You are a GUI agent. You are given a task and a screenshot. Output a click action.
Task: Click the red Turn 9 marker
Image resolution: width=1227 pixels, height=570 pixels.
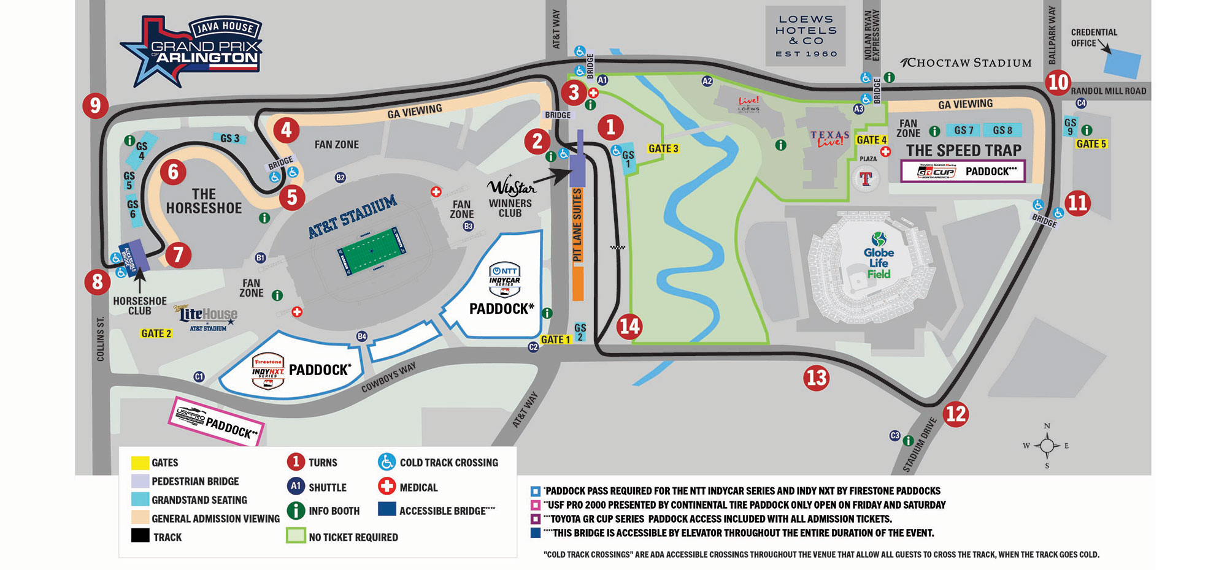[95, 105]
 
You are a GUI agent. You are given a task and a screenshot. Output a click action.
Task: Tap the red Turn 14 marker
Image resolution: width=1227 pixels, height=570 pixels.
[629, 326]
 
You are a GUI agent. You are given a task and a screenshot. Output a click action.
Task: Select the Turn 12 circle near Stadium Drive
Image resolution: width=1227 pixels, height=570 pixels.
[955, 414]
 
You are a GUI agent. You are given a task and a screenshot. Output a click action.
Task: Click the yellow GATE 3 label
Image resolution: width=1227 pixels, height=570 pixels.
[663, 148]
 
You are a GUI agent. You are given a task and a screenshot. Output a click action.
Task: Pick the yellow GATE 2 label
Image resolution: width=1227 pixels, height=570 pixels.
[156, 333]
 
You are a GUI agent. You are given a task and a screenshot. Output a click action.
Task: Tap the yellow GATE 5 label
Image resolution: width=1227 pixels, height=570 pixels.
[1091, 144]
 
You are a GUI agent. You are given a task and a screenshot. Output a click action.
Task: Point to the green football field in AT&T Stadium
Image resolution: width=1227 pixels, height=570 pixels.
[371, 251]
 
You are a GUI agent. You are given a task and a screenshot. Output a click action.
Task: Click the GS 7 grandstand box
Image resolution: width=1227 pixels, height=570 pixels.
[963, 130]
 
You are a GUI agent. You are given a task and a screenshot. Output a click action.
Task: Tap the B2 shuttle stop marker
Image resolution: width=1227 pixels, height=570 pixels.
[340, 178]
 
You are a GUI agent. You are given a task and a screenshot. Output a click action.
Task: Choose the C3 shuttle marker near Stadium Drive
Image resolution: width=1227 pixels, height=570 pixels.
[895, 436]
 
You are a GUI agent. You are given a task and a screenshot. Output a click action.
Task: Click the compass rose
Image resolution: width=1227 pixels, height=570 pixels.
[1047, 446]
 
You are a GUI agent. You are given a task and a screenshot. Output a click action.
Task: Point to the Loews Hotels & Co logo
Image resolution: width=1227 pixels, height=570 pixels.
[806, 36]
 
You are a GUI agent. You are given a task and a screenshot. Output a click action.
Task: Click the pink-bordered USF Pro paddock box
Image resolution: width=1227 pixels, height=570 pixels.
[216, 422]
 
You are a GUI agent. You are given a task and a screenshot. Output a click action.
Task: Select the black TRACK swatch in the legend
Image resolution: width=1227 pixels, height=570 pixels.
[140, 536]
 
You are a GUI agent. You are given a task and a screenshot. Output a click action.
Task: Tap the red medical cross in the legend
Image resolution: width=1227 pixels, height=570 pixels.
[387, 487]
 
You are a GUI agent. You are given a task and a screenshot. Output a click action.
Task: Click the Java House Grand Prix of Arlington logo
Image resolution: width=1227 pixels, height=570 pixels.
[193, 49]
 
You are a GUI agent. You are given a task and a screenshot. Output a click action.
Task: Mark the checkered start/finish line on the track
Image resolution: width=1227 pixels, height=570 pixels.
[617, 248]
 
